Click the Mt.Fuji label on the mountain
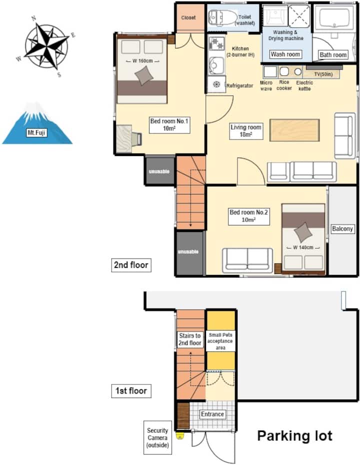pyautogui.click(x=36, y=132)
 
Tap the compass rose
pyautogui.click(x=46, y=45)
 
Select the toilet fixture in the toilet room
pyautogui.click(x=220, y=17)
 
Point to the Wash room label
pyautogui.click(x=285, y=54)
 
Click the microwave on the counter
pyautogui.click(x=270, y=72)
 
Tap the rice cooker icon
pyautogui.click(x=284, y=71)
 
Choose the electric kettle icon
pyautogui.click(x=297, y=71)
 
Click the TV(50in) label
pyautogui.click(x=323, y=74)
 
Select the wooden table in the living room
pyautogui.click(x=294, y=130)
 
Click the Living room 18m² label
pyautogui.click(x=246, y=131)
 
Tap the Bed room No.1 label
pyautogui.click(x=169, y=125)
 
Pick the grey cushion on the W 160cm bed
pyautogui.click(x=144, y=75)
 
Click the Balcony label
pyautogui.click(x=342, y=228)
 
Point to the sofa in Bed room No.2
pyautogui.click(x=247, y=260)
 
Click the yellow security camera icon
pyautogui.click(x=179, y=435)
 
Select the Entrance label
pyautogui.click(x=212, y=414)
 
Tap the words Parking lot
pyautogui.click(x=295, y=436)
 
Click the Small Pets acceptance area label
pyautogui.click(x=220, y=341)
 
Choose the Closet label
pyautogui.click(x=188, y=18)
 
